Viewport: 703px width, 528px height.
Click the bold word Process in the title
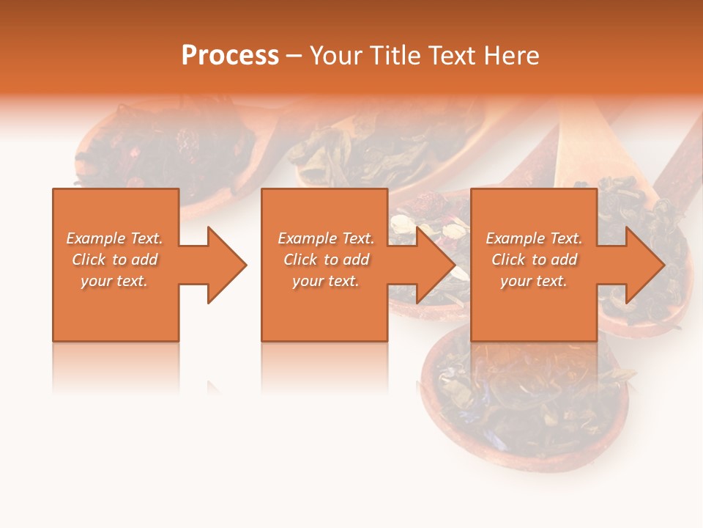230,56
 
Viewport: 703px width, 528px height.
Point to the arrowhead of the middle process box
435,265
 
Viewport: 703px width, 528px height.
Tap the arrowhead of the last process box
644,265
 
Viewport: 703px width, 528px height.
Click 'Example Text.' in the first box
114,238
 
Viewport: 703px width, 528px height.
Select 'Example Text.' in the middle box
326,238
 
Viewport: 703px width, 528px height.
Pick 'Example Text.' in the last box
534,238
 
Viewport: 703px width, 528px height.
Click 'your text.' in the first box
114,281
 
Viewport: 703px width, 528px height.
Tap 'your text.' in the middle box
326,281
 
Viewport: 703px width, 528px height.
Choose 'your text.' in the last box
534,281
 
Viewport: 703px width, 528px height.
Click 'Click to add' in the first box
115,260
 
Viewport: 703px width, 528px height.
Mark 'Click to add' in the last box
535,260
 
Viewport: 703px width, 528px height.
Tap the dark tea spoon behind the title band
168,147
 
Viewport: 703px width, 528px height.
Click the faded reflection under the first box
116,367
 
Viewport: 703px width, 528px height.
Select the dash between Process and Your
294,56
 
